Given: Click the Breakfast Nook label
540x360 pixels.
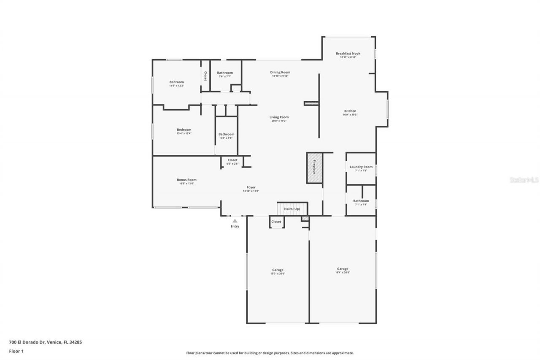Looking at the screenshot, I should click(x=348, y=54).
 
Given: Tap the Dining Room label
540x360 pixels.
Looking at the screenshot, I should click(x=280, y=73).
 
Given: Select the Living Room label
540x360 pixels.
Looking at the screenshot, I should click(x=279, y=117).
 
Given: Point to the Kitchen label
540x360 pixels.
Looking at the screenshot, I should click(x=350, y=111).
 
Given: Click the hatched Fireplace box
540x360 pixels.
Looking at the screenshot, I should click(x=314, y=168).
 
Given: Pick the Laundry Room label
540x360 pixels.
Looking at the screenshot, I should click(x=361, y=167).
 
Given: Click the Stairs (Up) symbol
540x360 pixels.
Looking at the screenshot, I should click(x=292, y=209).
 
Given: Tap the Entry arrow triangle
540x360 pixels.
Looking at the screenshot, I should click(x=235, y=220).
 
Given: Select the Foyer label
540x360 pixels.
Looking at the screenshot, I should click(x=251, y=187).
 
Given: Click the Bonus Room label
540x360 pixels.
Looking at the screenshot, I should click(x=186, y=180).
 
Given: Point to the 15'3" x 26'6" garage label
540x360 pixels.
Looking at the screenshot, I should click(x=278, y=270).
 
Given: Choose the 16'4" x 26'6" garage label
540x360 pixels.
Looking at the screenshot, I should click(x=343, y=269).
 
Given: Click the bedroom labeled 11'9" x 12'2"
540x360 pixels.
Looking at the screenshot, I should click(x=176, y=82).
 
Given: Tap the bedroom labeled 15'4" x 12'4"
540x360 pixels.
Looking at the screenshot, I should click(x=184, y=130).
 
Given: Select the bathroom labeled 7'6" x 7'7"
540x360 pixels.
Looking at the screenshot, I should click(x=225, y=73).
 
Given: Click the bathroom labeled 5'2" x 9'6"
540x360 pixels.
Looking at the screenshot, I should click(x=226, y=134).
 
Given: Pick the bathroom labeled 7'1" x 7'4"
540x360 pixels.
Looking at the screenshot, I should click(x=361, y=201).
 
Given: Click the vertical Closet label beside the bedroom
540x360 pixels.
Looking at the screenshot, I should click(x=205, y=76).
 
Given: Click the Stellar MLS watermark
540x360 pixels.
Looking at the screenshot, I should click(x=524, y=180).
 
